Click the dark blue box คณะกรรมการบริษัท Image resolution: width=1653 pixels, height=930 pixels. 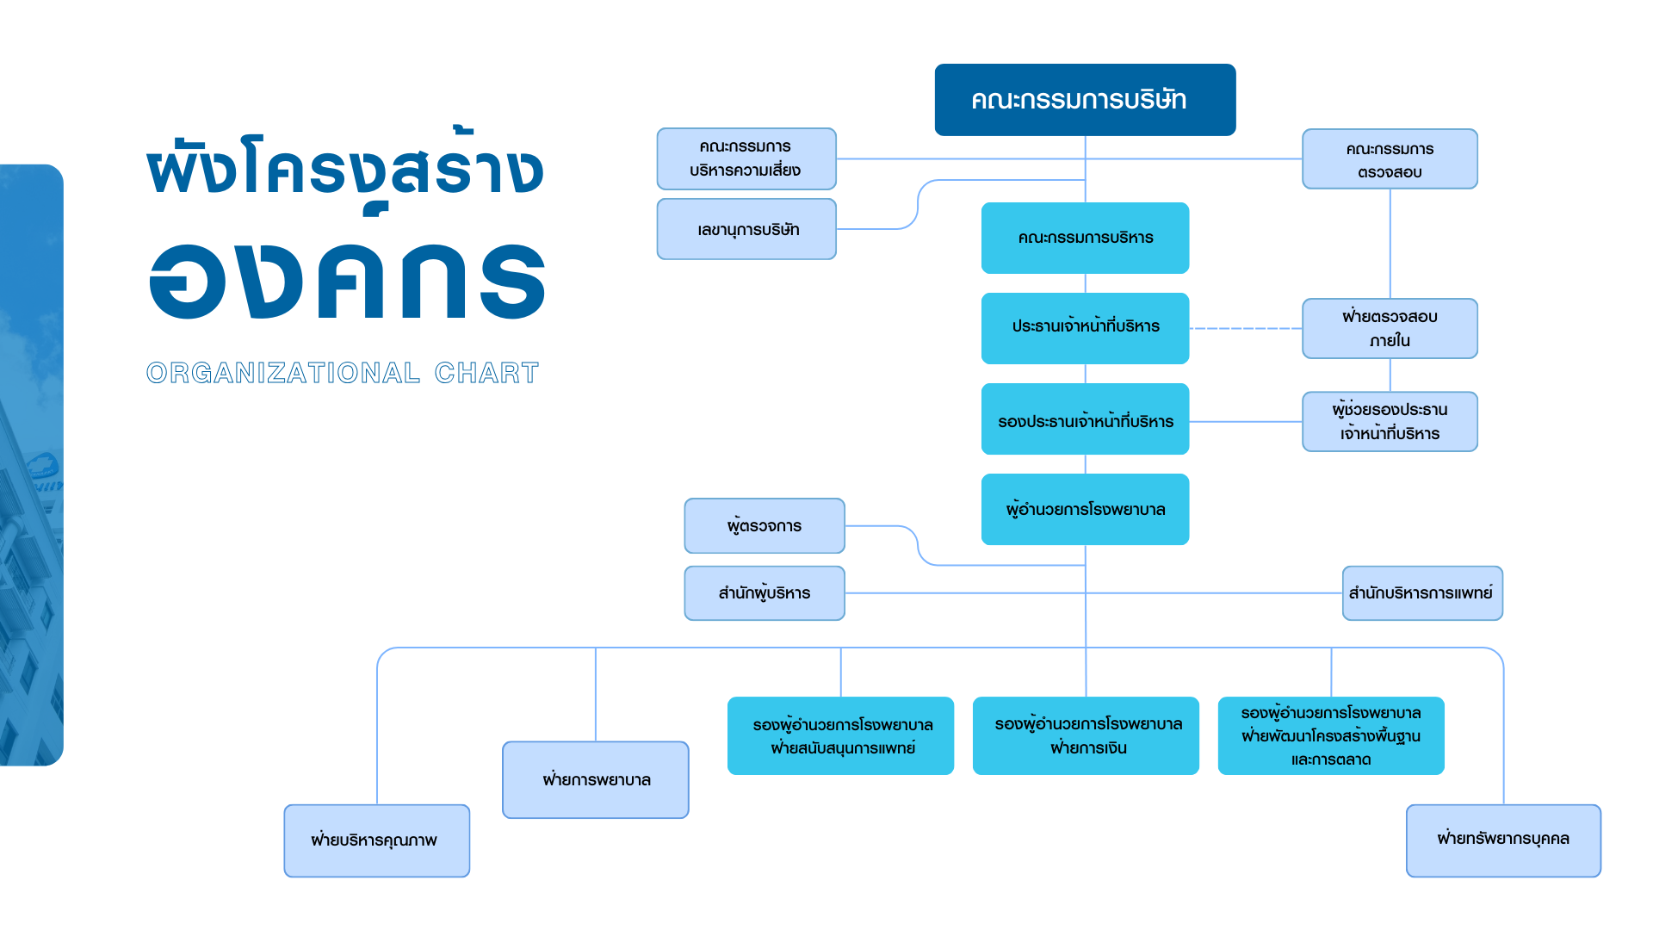(x=1085, y=100)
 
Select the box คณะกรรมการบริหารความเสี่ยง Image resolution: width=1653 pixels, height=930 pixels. (x=746, y=158)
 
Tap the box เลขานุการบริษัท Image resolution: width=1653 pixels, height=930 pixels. (x=746, y=229)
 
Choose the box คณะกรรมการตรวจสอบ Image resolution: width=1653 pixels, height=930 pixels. (x=1390, y=159)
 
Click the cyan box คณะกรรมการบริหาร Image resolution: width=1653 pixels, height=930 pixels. (x=1085, y=238)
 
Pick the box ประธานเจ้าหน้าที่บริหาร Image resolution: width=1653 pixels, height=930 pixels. (x=1085, y=328)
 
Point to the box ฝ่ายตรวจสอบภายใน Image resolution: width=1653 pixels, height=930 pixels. (x=1390, y=328)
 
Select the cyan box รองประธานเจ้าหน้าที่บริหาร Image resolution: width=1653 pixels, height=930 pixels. (x=1085, y=419)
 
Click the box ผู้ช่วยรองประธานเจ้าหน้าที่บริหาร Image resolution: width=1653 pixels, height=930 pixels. (x=1390, y=421)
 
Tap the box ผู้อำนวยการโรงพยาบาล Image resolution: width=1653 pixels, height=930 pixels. (x=1085, y=509)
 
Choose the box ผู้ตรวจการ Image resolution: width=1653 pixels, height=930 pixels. (x=765, y=525)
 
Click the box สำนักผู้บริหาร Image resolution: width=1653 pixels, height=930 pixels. (x=765, y=592)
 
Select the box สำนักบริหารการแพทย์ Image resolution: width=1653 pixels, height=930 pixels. (x=1422, y=592)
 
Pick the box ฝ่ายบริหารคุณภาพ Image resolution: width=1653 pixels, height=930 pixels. (x=377, y=840)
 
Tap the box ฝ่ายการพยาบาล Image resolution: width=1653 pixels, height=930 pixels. (x=596, y=779)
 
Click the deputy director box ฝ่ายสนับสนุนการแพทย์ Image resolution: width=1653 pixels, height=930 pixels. (x=840, y=735)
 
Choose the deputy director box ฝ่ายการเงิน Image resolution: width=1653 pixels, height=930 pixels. (x=1086, y=735)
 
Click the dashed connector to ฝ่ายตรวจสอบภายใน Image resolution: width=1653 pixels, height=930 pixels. (x=1246, y=329)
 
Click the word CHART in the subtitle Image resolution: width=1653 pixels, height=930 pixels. (x=486, y=373)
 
